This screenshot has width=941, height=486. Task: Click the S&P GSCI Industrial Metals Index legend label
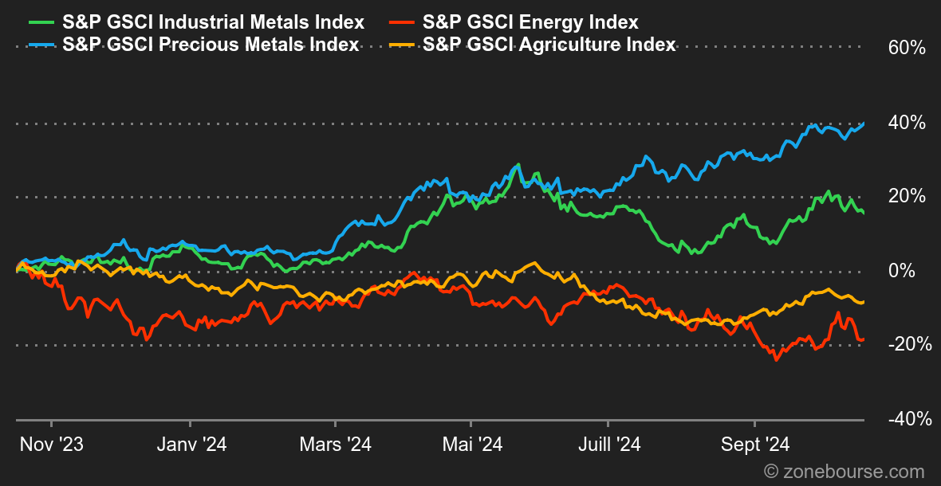coord(213,22)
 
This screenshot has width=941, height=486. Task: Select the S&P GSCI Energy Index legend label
coord(530,22)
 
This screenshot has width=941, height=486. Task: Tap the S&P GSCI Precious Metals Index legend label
coord(211,45)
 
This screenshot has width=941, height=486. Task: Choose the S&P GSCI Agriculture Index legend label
coord(549,45)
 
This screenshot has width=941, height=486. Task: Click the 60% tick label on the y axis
coord(907,49)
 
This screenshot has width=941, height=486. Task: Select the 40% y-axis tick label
coord(907,123)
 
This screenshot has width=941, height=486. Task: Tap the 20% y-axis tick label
coord(907,197)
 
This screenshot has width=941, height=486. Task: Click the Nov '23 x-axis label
coord(51,445)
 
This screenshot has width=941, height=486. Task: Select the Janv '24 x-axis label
coord(191,445)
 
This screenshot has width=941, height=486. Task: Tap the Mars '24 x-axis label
coord(336,445)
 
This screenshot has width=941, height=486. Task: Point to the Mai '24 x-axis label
coord(472,445)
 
